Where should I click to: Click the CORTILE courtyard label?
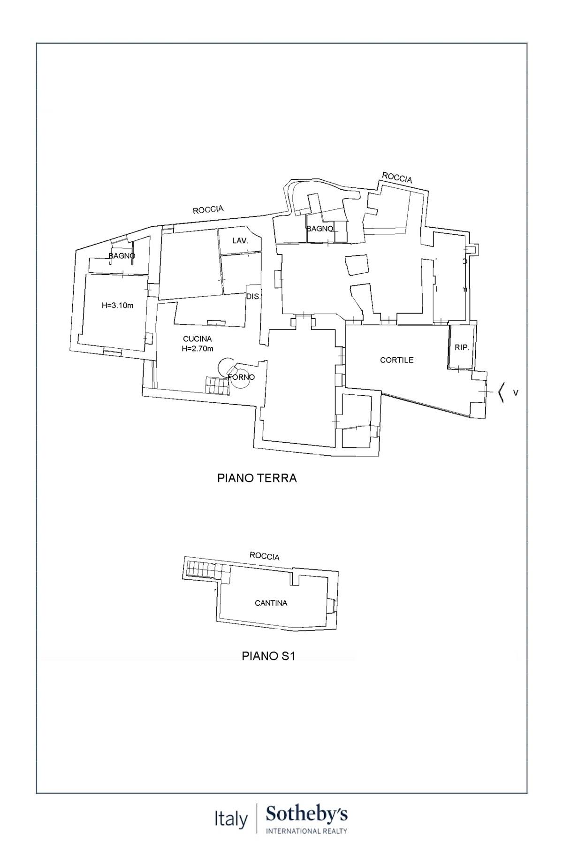click(x=396, y=360)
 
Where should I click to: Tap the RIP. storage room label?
click(x=462, y=348)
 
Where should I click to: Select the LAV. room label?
click(x=240, y=240)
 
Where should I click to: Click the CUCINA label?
click(x=197, y=338)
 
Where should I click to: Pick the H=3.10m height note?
click(x=117, y=306)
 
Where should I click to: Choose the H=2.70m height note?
click(x=197, y=348)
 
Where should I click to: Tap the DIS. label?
click(x=253, y=297)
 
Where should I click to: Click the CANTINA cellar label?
click(x=271, y=603)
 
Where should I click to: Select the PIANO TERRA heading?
click(x=257, y=478)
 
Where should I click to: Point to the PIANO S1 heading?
click(x=268, y=656)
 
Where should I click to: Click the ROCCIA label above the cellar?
click(x=265, y=556)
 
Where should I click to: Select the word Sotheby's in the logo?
click(x=306, y=814)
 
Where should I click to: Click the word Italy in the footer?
click(x=231, y=820)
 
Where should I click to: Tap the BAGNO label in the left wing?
click(x=122, y=256)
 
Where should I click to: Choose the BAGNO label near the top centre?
click(x=320, y=229)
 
